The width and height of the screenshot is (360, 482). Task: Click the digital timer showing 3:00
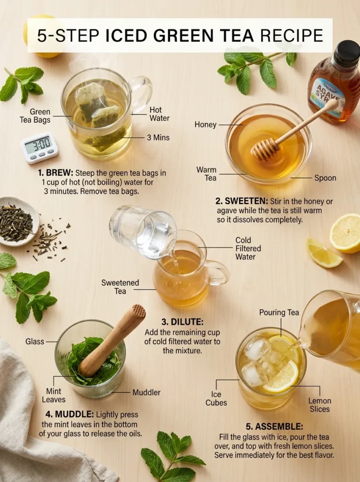tap(40, 147)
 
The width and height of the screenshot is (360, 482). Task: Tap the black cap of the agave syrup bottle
tap(346, 53)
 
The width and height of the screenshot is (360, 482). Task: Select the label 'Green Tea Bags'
tap(40, 116)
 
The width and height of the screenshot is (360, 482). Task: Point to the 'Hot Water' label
tap(159, 114)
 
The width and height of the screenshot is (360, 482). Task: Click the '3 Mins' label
tap(159, 138)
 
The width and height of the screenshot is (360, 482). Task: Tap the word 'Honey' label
tap(205, 125)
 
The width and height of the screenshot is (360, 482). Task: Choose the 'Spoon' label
tap(325, 178)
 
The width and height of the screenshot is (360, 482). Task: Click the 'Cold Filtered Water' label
tap(248, 249)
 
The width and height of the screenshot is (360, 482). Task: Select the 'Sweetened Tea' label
tap(120, 287)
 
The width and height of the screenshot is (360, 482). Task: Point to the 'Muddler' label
tap(146, 392)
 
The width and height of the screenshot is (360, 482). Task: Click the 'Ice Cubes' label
tap(216, 399)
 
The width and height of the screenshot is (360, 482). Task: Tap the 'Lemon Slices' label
tap(320, 405)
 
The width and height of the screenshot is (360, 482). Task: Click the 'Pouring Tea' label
tap(279, 313)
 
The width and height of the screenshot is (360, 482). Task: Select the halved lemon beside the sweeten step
tap(345, 233)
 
